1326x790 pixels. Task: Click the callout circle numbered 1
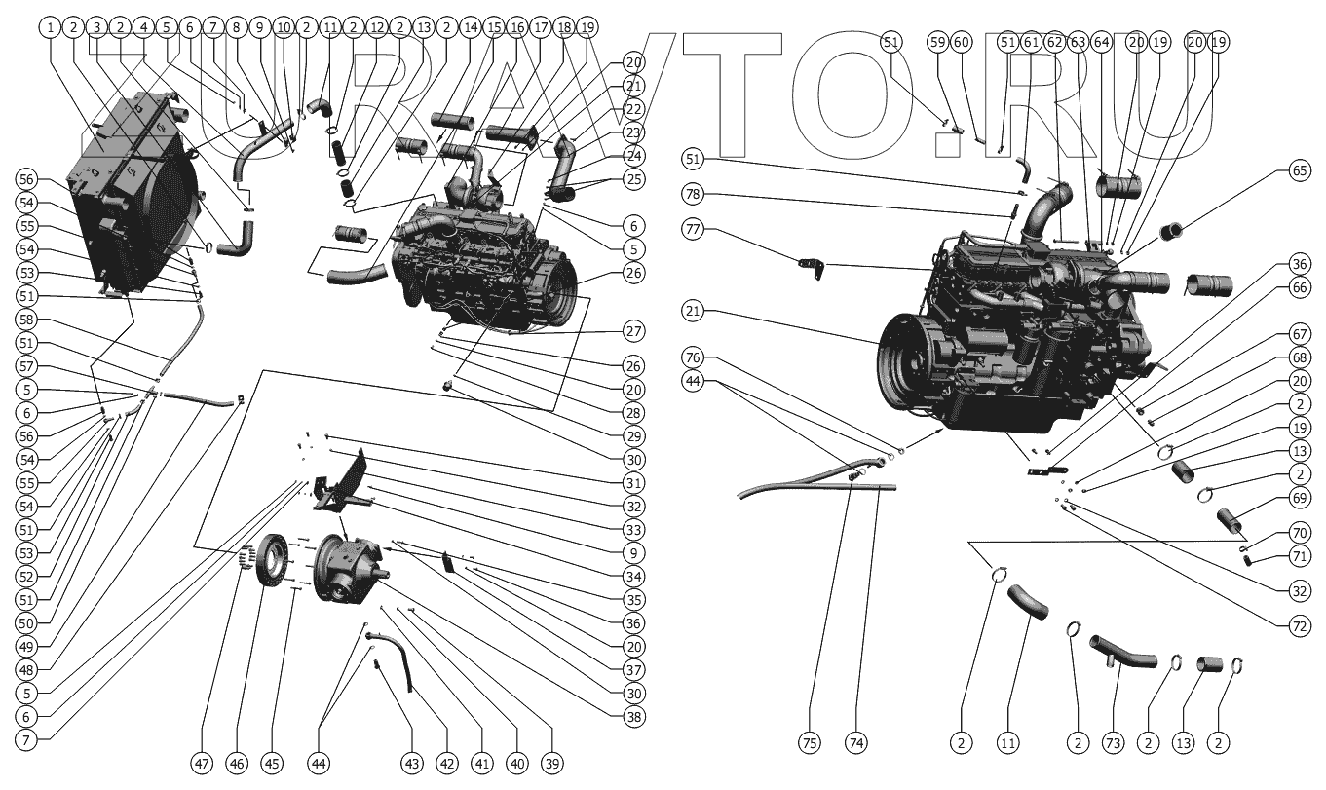coord(50,28)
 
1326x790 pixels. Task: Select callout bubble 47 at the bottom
coord(202,763)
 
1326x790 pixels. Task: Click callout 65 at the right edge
coord(1300,169)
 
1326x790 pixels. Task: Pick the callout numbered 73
coord(1114,743)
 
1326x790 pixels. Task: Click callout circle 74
coord(855,743)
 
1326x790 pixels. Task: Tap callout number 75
coord(810,743)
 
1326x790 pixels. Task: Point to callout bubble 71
coord(1300,558)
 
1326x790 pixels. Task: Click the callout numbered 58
coord(26,320)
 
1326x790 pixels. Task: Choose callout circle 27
coord(634,331)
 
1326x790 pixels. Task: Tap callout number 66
coord(1300,287)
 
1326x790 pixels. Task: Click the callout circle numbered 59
coord(937,42)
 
